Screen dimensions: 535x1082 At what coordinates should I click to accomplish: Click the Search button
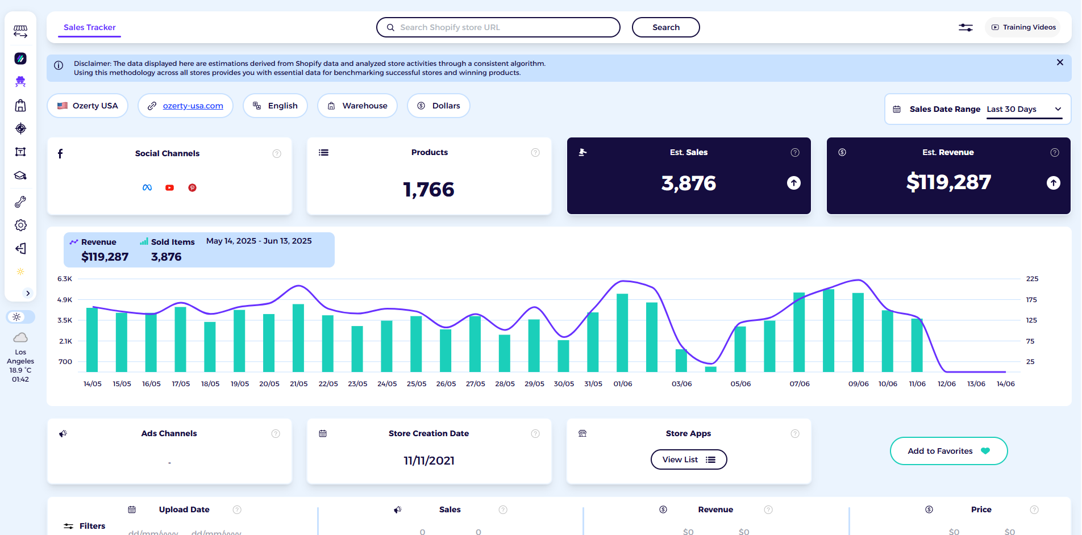665,27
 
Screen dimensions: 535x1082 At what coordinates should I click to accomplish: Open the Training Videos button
1023,27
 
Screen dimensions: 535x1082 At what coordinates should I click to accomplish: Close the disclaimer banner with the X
1060,62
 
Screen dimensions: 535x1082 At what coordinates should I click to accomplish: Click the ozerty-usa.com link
193,106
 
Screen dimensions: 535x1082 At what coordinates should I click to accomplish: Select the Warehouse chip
357,106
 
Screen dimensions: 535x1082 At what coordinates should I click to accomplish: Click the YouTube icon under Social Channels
169,188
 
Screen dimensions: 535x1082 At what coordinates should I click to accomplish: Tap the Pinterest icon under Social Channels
193,188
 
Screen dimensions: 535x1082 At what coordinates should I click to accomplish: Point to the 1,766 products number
428,190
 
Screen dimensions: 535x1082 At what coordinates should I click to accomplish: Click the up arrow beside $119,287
1053,183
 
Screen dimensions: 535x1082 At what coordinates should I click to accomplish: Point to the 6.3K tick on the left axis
65,279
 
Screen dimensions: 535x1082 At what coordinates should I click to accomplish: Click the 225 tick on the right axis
1032,279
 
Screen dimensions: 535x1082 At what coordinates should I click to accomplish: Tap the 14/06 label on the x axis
1005,384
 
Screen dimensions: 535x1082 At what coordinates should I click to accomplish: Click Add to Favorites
948,451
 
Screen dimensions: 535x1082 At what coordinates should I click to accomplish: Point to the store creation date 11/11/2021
429,461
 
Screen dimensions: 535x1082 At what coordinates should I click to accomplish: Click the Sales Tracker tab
90,27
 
